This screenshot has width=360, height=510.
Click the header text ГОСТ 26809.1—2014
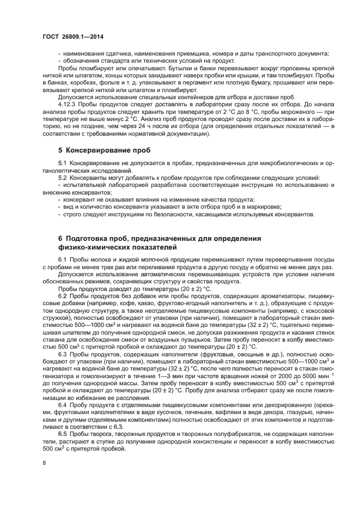coord(73,37)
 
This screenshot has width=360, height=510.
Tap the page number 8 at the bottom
coord(45,462)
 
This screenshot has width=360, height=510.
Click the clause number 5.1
coord(62,163)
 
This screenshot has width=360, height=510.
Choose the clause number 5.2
coord(62,178)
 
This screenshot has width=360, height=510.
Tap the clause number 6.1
coord(62,258)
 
